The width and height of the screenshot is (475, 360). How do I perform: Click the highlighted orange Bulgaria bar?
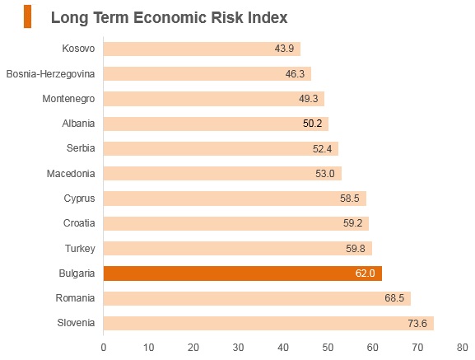click(243, 274)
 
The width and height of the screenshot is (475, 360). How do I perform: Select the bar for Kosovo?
click(202, 49)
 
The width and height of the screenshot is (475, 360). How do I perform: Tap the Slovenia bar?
click(268, 323)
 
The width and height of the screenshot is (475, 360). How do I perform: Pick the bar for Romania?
click(257, 298)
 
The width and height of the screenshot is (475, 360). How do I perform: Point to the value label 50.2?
click(312, 124)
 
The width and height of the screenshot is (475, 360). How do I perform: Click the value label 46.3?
click(295, 73)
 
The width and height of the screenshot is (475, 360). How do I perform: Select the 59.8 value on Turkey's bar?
click(356, 249)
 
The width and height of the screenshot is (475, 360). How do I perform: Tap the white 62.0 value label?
click(365, 274)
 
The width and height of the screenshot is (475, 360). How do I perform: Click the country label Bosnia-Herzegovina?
click(50, 73)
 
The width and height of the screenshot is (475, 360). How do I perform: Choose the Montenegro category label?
click(68, 99)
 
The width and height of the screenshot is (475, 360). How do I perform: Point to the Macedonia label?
click(71, 174)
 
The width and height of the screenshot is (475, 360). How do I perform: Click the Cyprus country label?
click(79, 199)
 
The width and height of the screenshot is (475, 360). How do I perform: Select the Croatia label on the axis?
click(79, 223)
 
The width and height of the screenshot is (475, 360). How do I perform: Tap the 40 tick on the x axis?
click(283, 348)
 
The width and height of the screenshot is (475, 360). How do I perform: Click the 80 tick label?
click(463, 348)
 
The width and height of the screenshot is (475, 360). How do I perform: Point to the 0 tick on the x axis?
click(104, 348)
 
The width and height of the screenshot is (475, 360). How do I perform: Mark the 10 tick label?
click(148, 348)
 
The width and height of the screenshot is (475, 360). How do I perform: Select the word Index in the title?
click(268, 17)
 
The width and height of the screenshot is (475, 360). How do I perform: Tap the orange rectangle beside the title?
click(27, 16)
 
